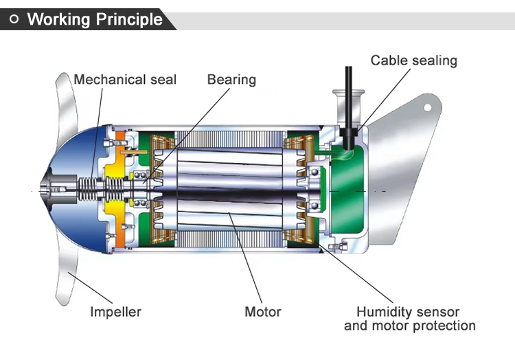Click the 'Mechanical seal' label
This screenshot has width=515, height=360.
click(x=125, y=79)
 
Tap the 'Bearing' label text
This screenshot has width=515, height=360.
click(x=231, y=79)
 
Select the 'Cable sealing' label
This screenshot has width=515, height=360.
click(x=413, y=60)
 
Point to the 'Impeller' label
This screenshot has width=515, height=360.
click(x=115, y=312)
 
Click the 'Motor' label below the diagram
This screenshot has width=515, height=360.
click(x=263, y=312)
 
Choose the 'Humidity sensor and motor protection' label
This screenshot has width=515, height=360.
click(x=409, y=318)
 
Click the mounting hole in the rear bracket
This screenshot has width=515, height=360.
click(x=426, y=107)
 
